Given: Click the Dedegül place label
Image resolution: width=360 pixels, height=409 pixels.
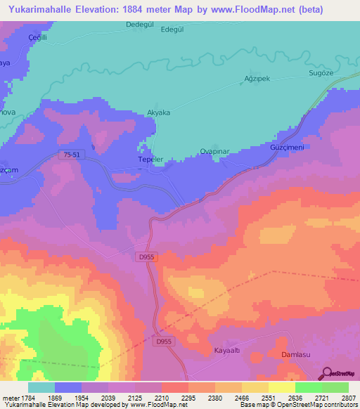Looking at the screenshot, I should pos(139,24).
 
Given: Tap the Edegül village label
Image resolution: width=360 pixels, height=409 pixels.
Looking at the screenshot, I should pos(172,30).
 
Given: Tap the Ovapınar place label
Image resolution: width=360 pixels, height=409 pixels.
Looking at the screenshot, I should pos(217,150).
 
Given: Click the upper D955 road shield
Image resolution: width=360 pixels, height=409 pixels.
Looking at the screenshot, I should pos(146,258).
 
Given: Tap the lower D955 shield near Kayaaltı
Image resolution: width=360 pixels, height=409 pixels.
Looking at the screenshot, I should pos(164,342).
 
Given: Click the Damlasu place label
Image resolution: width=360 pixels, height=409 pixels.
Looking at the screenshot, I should pos(296,356).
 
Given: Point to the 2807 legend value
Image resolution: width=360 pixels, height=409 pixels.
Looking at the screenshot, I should pos(349,398).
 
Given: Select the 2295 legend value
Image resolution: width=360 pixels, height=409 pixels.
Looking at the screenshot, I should pos(188,398).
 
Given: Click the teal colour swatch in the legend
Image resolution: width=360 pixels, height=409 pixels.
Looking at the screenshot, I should pos(41,387).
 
